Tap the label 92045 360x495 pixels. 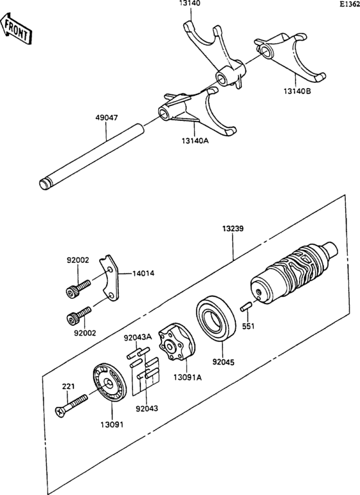[223, 361]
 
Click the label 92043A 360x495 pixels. [138, 337]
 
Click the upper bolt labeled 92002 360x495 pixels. [74, 288]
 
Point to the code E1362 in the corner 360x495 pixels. [350, 4]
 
